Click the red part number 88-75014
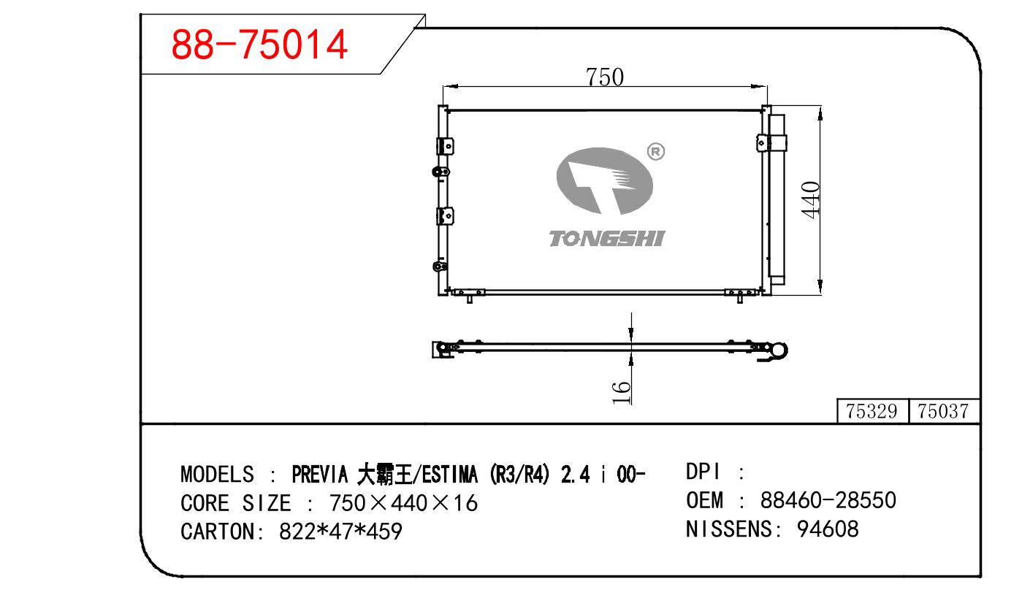[x=259, y=45]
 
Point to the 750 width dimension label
[x=605, y=77]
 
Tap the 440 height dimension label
[x=811, y=200]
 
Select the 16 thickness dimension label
[x=621, y=392]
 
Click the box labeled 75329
[x=872, y=411]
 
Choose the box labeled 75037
[x=943, y=411]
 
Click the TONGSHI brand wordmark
[x=606, y=239]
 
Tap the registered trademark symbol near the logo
[x=655, y=151]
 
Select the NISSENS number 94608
[x=828, y=529]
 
